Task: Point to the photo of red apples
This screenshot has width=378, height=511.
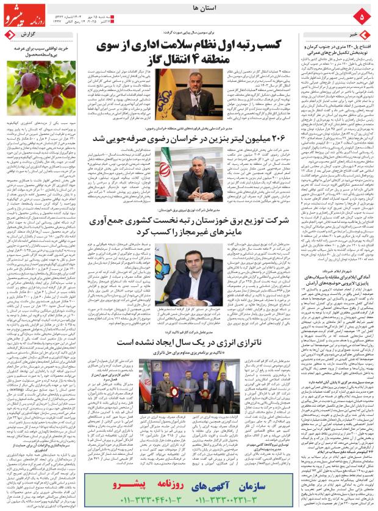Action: coord(40,88)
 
